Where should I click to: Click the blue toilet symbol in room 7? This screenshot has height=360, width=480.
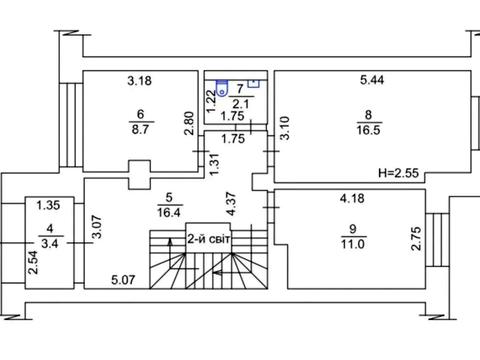221,88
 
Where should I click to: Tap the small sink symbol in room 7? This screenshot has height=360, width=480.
254,83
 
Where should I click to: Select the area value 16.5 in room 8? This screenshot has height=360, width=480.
368,130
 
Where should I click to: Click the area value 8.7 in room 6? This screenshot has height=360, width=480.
140,129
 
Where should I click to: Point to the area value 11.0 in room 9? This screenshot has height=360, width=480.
352,244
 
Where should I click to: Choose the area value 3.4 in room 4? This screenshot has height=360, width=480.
50,243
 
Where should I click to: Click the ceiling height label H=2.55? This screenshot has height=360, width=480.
398,173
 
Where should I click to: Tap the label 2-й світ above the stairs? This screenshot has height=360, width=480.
209,239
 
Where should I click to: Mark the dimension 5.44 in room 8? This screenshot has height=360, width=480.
372,80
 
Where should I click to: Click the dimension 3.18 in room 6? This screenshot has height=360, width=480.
140,81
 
